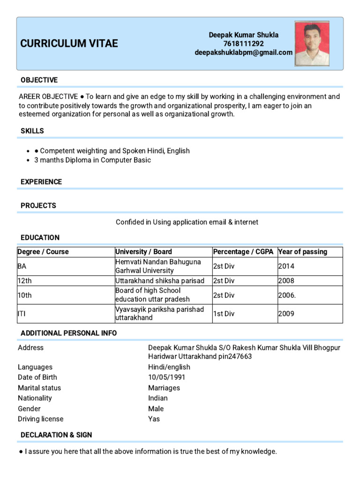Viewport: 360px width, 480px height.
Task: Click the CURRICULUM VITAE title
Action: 69,44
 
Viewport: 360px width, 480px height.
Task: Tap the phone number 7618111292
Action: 243,44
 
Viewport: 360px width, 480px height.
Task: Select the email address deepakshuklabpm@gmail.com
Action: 243,52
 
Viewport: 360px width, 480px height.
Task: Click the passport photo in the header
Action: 312,44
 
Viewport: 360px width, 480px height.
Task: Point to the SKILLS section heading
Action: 32,131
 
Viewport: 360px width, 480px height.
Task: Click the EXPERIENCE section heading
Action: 41,182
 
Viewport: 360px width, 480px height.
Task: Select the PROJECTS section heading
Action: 38,205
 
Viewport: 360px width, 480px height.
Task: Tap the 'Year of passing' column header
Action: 302,252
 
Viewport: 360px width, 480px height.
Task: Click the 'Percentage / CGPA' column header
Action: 243,252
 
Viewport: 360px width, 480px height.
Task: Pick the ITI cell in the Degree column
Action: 22,314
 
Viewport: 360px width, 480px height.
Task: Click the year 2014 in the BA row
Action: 286,266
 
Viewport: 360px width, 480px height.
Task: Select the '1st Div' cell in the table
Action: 224,314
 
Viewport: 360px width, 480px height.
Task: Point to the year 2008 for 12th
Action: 286,281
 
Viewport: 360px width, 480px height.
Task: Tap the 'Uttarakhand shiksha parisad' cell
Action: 160,281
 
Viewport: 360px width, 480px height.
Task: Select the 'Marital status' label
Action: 39,388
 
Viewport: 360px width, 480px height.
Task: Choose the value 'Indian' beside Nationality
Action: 158,398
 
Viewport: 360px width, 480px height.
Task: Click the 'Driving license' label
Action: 40,419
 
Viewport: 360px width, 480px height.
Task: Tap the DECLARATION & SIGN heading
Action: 56,435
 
